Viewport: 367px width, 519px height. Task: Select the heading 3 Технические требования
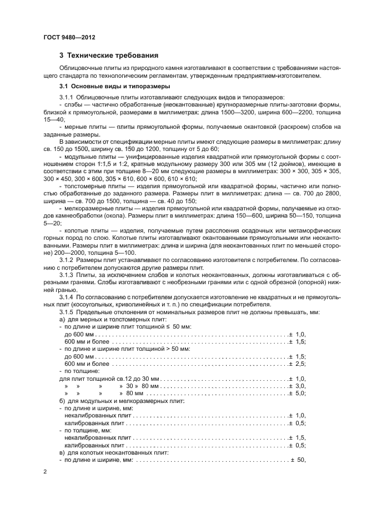coord(109,56)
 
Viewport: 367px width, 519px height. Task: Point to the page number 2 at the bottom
coord(44,471)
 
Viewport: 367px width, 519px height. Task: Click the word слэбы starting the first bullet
coord(72,104)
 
